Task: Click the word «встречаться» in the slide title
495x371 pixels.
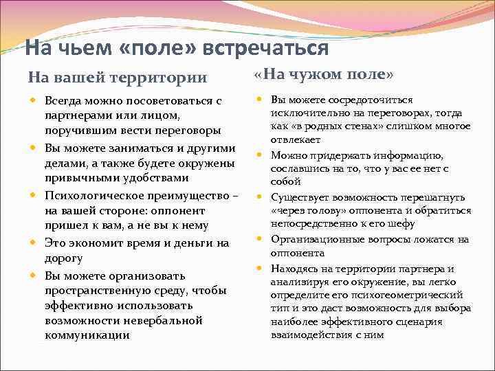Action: (x=272, y=49)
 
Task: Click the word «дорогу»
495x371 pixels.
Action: (x=63, y=258)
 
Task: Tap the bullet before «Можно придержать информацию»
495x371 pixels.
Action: (x=261, y=155)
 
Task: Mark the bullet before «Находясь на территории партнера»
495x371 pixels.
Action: (x=261, y=268)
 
